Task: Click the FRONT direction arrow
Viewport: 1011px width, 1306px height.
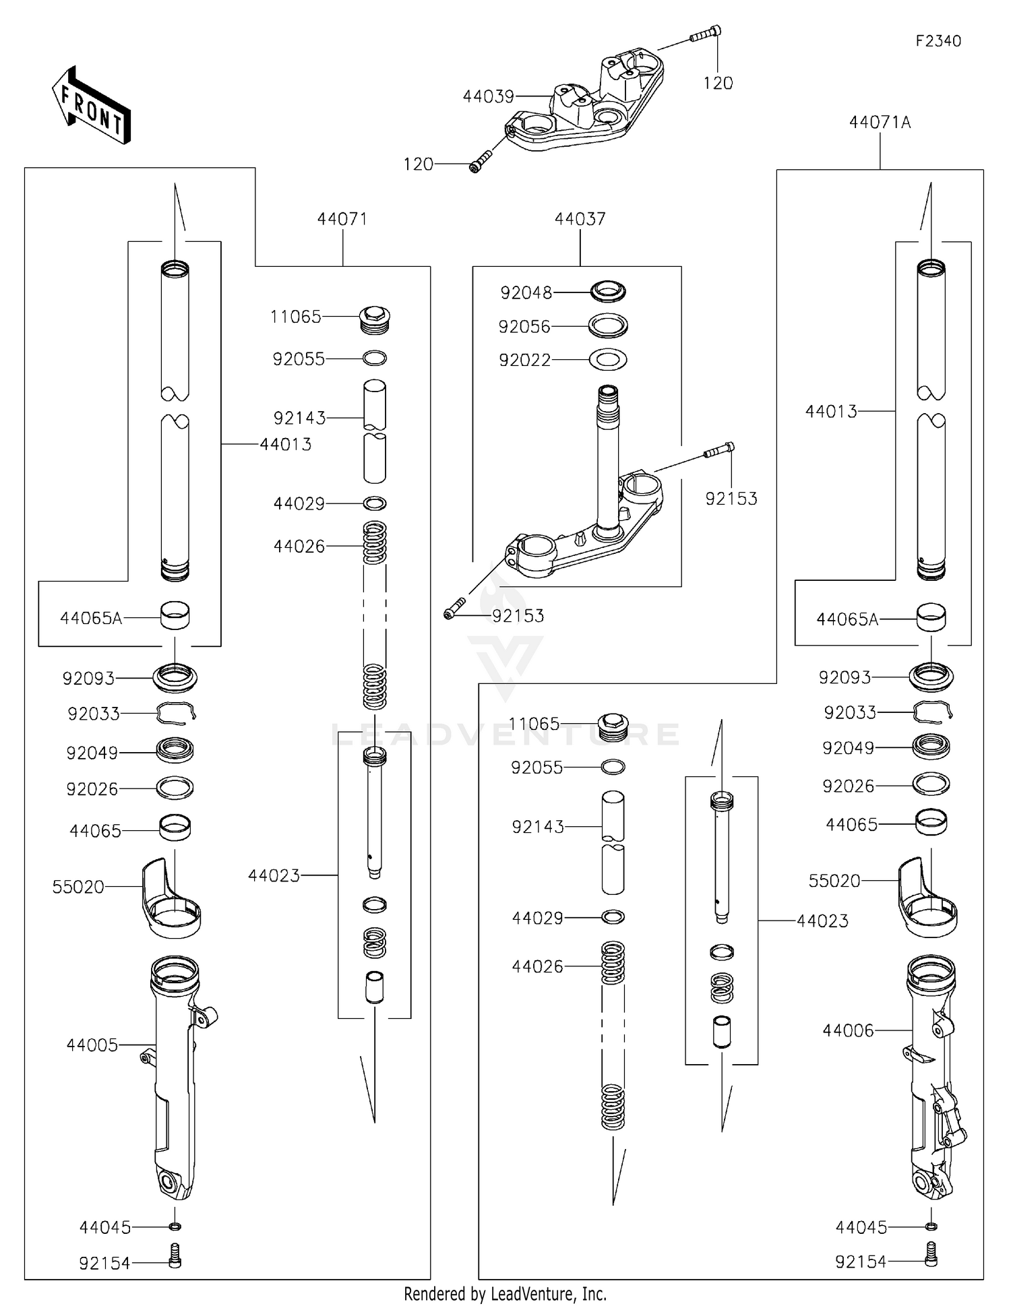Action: coord(91,106)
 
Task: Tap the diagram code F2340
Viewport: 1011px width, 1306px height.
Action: coord(938,41)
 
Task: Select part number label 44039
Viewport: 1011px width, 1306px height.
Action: coord(488,97)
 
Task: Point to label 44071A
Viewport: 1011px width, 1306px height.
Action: coord(880,123)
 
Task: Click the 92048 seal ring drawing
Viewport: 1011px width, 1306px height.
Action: coord(608,292)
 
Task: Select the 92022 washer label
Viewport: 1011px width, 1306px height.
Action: coord(524,361)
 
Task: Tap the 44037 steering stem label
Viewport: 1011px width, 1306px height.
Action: coord(580,219)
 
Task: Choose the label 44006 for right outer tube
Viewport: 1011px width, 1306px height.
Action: coord(847,1030)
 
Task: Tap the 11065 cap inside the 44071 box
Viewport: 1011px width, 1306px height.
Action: coord(375,319)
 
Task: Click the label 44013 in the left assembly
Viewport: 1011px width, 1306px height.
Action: coord(286,445)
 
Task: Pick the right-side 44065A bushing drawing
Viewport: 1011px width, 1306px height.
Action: coord(931,617)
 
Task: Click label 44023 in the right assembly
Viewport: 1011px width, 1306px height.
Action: coord(822,921)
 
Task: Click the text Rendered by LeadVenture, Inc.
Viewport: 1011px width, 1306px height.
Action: coord(505,1293)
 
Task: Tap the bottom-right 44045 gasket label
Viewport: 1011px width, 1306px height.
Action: coord(861,1227)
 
